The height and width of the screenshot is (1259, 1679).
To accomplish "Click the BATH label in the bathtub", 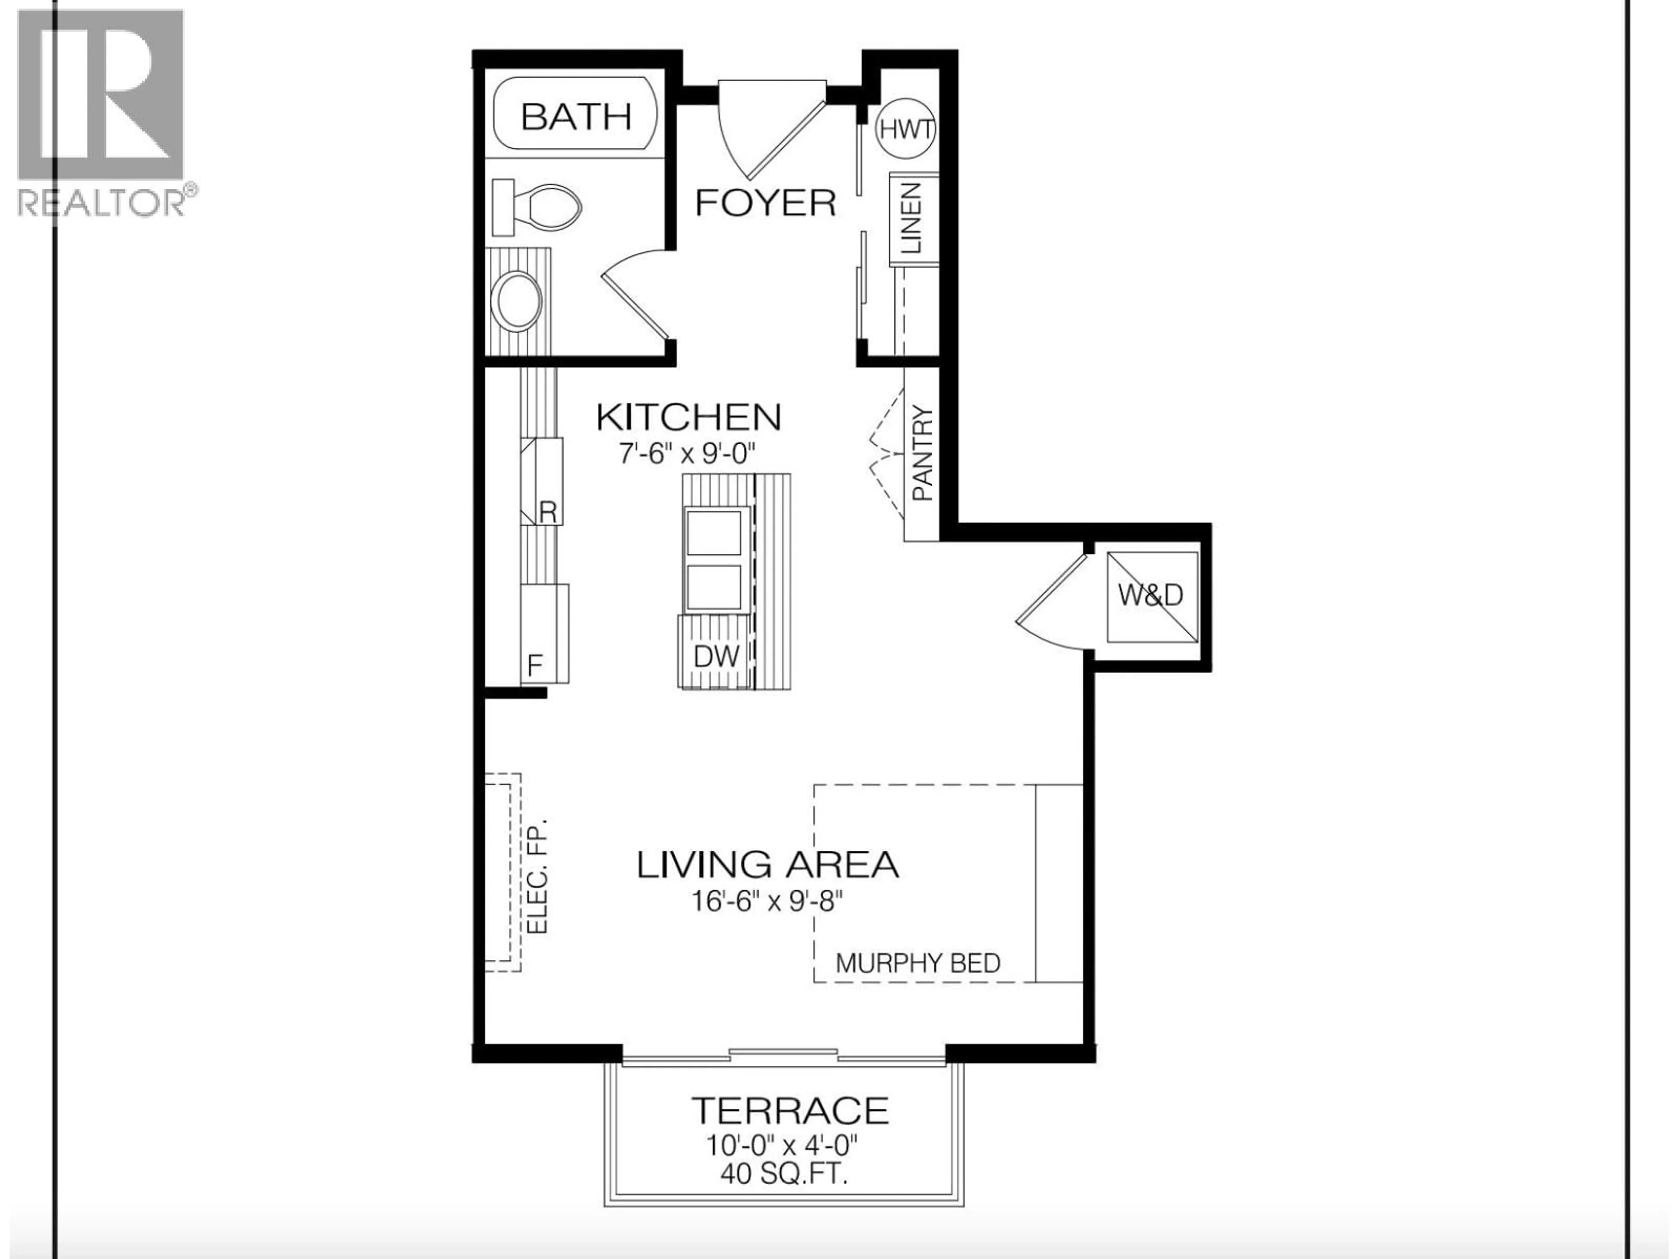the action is pyautogui.click(x=576, y=117).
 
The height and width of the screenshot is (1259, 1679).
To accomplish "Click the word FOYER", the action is pyautogui.click(x=765, y=203).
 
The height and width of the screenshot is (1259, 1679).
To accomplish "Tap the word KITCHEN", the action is pyautogui.click(x=689, y=417).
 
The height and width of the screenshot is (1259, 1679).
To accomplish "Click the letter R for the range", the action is pyautogui.click(x=548, y=512).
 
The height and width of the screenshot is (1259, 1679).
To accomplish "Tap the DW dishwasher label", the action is pyautogui.click(x=716, y=656).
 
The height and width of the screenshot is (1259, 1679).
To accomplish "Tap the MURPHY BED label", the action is pyautogui.click(x=918, y=963).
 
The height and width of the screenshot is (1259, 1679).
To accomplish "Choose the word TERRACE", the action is pyautogui.click(x=789, y=1110).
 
